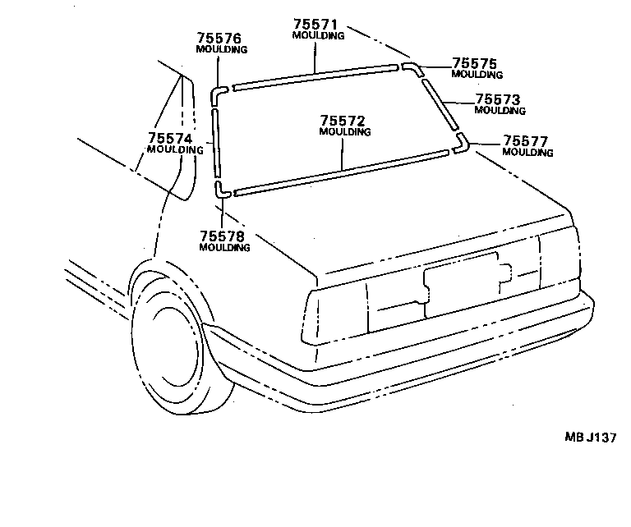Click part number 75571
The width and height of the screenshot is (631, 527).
(318, 25)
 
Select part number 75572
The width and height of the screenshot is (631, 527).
(344, 121)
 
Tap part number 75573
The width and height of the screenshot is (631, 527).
(498, 99)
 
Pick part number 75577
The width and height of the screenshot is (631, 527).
(526, 140)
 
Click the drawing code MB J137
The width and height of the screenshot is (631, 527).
(588, 438)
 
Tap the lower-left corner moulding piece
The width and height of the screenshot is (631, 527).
(221, 191)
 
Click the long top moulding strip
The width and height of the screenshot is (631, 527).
(315, 75)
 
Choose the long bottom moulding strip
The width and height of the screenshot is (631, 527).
(341, 172)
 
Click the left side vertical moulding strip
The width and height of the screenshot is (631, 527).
(216, 141)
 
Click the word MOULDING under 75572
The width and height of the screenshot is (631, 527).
(344, 131)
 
